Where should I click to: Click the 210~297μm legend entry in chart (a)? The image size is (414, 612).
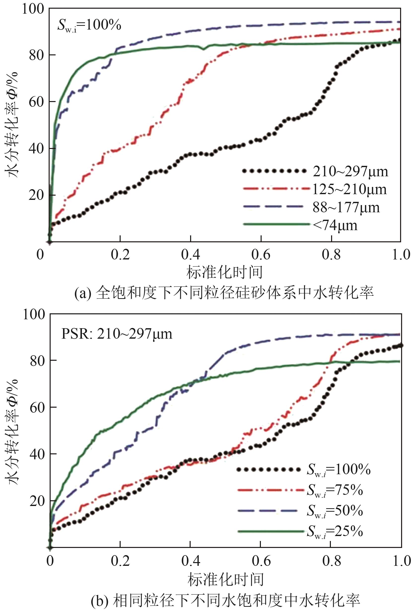350,172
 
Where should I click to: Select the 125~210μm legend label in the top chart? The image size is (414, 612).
349,190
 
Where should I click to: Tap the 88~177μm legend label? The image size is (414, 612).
346,208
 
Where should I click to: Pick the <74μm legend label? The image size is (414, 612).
335,226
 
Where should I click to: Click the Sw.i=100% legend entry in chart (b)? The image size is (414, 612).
339,469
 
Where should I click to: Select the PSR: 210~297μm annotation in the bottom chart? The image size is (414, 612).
117,334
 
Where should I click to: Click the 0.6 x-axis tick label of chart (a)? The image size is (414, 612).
261,255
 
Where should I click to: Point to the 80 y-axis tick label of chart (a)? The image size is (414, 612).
36,55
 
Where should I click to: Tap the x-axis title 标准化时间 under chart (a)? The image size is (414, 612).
225,272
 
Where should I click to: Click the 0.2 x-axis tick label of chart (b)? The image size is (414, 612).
120,561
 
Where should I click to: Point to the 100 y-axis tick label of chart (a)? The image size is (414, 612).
33,9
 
